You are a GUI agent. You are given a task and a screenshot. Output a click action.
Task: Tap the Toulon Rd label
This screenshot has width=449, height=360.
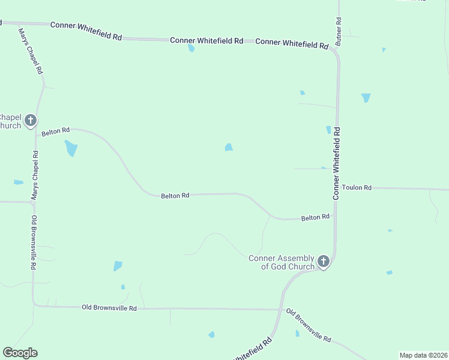tap(357, 188)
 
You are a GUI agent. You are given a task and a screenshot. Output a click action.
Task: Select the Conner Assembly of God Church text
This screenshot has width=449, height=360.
tap(282, 262)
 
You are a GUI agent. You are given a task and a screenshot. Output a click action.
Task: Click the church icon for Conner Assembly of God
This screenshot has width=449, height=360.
tap(324, 261)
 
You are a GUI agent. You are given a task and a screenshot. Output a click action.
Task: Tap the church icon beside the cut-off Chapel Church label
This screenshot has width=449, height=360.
tap(31, 120)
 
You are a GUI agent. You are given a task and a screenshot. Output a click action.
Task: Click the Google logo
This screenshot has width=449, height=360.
tap(20, 353)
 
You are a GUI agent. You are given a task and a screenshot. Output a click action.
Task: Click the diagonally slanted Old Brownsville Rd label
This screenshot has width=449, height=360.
tap(309, 326)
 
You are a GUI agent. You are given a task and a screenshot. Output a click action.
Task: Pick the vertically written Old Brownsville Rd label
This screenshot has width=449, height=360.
tap(34, 242)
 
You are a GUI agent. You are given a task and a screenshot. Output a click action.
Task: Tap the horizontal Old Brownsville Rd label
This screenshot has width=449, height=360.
tap(109, 308)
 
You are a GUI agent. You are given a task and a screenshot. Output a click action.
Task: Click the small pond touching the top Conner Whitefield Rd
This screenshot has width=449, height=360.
tap(191, 48)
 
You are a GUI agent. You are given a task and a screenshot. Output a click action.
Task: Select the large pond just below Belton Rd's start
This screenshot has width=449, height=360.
tap(71, 148)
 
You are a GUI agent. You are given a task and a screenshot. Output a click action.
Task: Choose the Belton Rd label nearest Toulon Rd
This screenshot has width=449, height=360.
tap(315, 217)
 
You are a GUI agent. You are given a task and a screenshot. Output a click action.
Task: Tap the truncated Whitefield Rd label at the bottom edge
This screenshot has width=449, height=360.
tap(252, 349)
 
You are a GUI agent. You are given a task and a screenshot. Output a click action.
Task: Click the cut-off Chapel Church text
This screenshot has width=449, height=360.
tap(10, 121)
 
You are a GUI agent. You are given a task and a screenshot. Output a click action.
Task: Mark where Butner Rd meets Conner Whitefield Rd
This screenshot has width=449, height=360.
tap(336, 52)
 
